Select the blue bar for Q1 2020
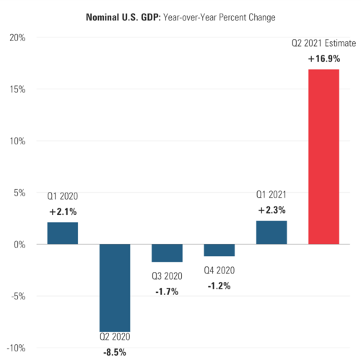pyautogui.click(x=63, y=233)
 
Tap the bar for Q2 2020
pyautogui.click(x=115, y=287)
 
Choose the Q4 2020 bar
pyautogui.click(x=219, y=250)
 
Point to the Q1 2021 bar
pyautogui.click(x=271, y=232)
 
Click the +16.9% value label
pyautogui.click(x=323, y=58)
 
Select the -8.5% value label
pyautogui.click(x=115, y=353)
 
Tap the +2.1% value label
pyautogui.click(x=63, y=211)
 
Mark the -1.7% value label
pyautogui.click(x=167, y=291)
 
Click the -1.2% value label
pyautogui.click(x=219, y=286)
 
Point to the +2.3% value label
pyautogui.click(x=271, y=210)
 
